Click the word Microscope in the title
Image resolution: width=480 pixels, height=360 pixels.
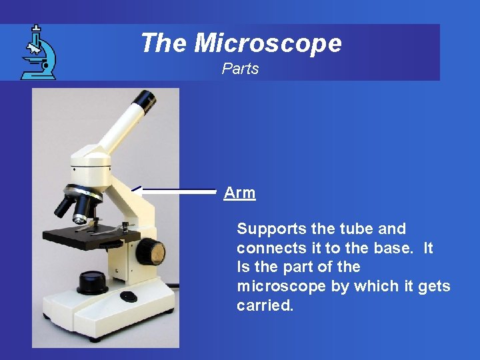(268, 43)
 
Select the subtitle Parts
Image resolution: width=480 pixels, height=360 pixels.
(240, 69)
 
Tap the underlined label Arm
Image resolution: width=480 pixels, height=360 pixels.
(239, 193)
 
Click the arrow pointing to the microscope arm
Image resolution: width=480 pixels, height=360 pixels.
(177, 191)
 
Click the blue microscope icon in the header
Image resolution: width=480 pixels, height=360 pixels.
(38, 53)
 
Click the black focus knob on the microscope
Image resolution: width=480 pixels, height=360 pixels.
(151, 251)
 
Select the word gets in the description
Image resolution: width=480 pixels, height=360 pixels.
(434, 287)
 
